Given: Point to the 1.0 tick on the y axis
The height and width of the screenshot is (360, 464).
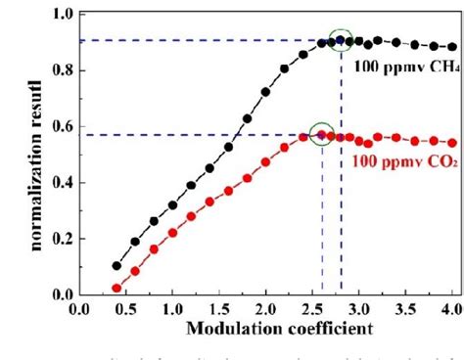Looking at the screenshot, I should tap(60, 15).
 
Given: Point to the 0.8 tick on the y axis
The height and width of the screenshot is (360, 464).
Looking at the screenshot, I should tap(60, 70).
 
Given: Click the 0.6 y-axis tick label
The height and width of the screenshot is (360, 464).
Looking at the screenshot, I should tap(60, 126).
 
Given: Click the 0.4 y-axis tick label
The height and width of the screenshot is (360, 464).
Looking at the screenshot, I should tap(60, 183).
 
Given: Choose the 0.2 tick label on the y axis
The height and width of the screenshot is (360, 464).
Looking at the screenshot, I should tap(60, 239).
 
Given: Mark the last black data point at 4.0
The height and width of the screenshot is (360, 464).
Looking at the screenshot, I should tap(452, 47).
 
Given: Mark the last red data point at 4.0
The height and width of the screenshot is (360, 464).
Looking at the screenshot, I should tap(452, 143).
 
